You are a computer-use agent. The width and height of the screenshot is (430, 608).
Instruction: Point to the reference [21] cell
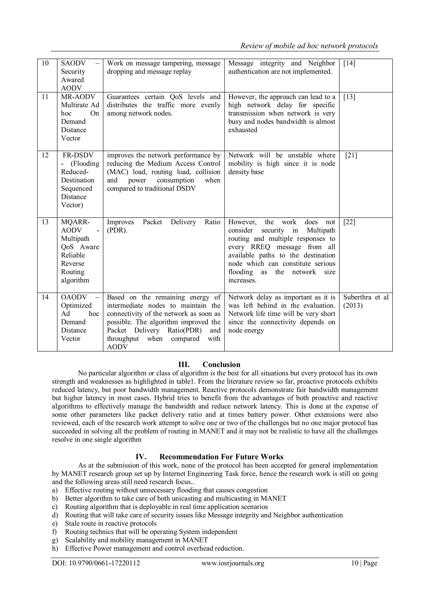tap(351, 155)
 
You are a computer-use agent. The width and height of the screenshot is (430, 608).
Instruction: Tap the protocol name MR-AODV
tap(78, 97)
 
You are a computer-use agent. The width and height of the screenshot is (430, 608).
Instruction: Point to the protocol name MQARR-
tap(75, 222)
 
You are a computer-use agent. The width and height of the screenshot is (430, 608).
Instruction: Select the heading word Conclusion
tap(221, 365)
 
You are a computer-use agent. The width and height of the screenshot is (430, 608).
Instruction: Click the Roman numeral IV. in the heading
tap(141, 457)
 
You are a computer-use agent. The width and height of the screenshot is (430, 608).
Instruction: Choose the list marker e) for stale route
tap(55, 523)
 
